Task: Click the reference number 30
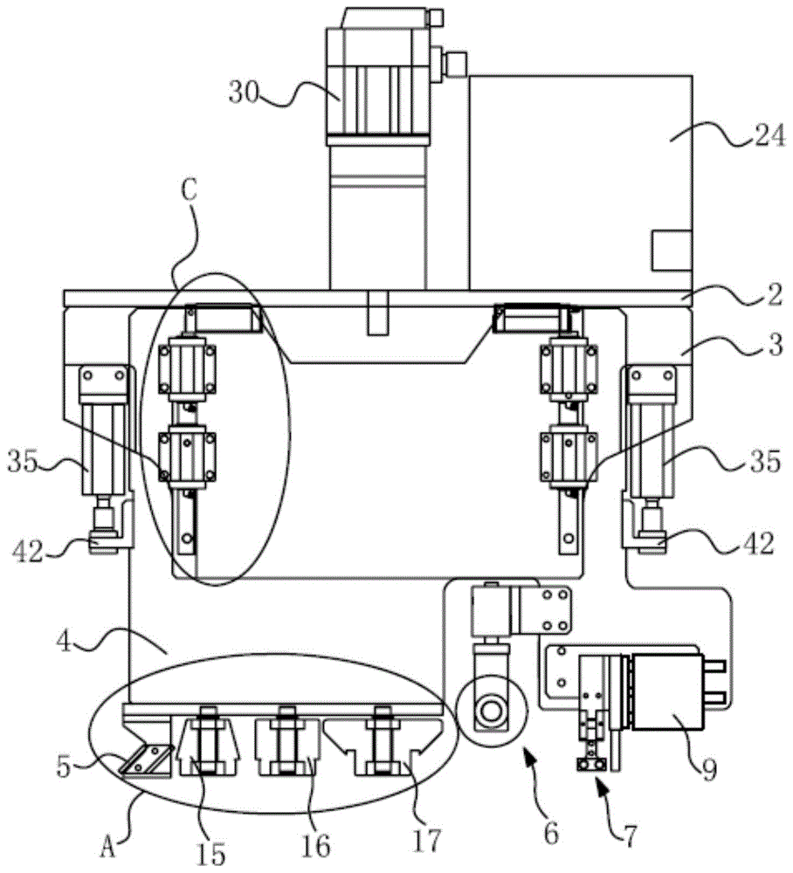244,93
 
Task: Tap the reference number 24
769,136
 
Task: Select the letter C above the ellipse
190,191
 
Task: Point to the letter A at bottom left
108,849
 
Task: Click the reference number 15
211,852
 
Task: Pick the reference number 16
315,846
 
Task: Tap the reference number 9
709,770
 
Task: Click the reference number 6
551,834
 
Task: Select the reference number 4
65,643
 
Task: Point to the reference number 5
65,766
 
